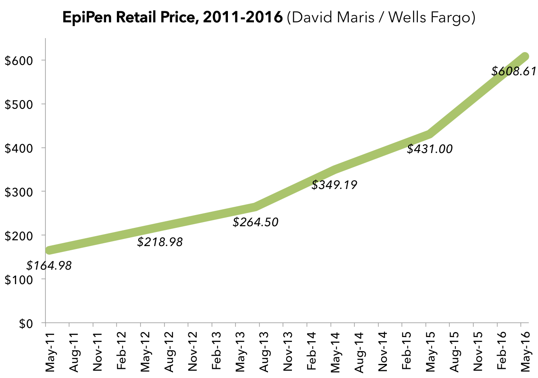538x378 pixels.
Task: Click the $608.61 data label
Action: click(x=514, y=72)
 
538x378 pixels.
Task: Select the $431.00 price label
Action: click(x=429, y=149)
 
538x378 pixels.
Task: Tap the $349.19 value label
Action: click(x=334, y=185)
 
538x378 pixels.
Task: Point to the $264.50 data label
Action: click(x=256, y=222)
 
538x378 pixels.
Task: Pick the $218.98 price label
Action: click(x=160, y=242)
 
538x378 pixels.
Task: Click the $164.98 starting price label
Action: click(x=49, y=266)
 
